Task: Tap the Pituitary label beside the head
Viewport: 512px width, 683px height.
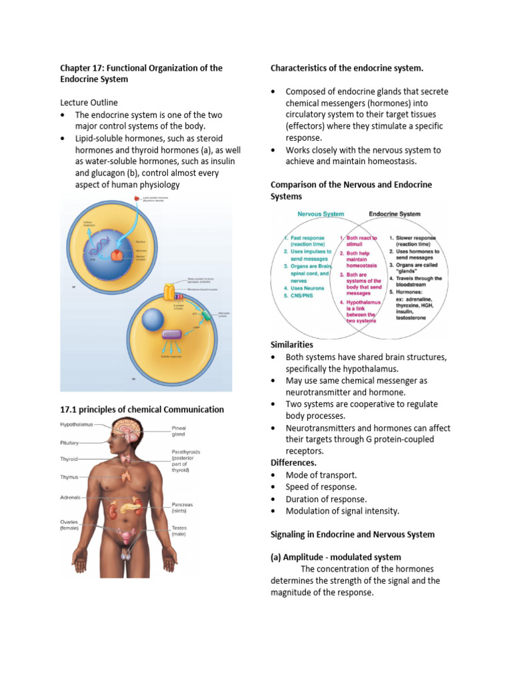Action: (x=71, y=442)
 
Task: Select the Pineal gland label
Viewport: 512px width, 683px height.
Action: (x=178, y=430)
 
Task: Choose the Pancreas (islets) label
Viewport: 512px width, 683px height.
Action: (x=182, y=508)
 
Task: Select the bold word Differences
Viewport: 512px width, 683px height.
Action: (x=293, y=462)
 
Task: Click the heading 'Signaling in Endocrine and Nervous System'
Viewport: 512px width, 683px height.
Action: (x=352, y=534)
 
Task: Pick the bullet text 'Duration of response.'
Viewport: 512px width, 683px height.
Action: (x=326, y=499)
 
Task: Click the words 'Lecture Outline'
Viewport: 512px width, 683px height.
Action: (x=89, y=103)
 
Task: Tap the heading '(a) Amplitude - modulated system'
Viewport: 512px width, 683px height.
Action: (x=335, y=557)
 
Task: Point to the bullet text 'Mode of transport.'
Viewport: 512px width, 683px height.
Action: (x=321, y=475)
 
